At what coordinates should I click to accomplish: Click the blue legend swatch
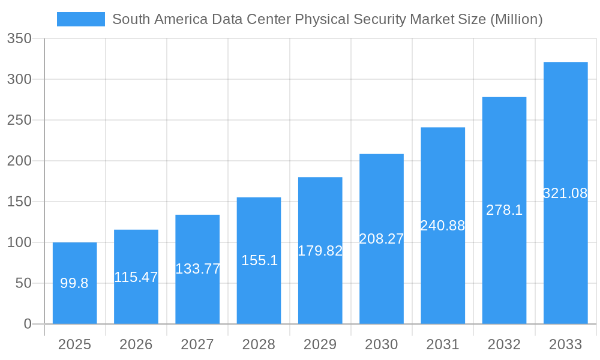click(x=80, y=19)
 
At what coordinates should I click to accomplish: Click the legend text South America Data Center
click(x=327, y=19)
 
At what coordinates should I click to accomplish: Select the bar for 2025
click(x=74, y=300)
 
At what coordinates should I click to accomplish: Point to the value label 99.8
click(x=74, y=283)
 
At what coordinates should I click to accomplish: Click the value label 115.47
click(x=136, y=277)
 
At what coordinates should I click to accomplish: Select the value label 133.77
click(x=197, y=269)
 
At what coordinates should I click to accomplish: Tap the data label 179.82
click(x=320, y=251)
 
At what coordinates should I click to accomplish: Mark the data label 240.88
click(x=443, y=226)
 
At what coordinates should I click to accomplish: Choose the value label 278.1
click(x=504, y=210)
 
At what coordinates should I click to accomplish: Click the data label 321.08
click(x=565, y=193)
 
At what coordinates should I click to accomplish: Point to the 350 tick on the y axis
click(x=19, y=38)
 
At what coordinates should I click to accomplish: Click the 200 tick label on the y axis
click(x=19, y=161)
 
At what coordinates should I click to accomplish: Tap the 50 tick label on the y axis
click(x=23, y=283)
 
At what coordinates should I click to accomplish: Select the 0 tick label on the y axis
click(x=28, y=324)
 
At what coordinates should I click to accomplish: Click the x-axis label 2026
click(x=136, y=344)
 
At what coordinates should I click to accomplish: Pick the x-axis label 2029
click(x=320, y=344)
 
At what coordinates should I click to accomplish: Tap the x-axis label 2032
click(x=504, y=344)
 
